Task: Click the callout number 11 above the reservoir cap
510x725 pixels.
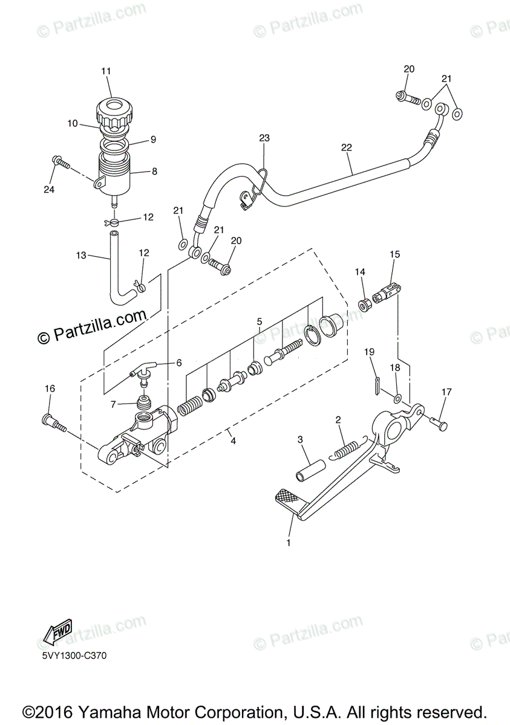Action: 106,71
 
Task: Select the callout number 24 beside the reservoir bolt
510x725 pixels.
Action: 49,189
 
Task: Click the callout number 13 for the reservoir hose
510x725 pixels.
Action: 81,256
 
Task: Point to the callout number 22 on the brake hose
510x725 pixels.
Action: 347,147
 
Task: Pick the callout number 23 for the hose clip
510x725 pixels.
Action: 264,138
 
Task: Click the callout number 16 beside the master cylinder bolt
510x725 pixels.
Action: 50,388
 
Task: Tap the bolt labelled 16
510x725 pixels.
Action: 54,423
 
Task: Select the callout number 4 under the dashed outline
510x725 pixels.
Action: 234,440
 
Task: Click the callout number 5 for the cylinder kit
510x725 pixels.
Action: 260,321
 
